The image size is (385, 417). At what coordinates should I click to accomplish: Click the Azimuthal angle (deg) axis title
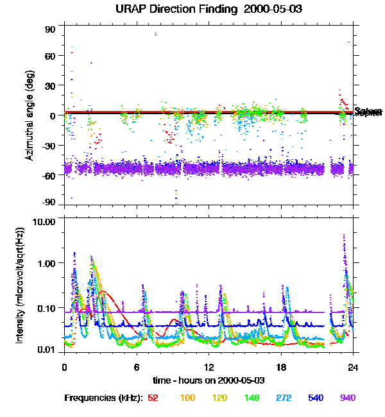[x=30, y=115]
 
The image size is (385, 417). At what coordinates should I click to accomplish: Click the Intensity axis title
[x=21, y=285]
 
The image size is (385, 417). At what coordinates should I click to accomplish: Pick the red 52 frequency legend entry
[x=153, y=398]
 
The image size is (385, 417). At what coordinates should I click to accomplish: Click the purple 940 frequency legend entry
[x=347, y=398]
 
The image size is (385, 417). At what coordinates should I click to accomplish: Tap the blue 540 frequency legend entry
[x=315, y=398]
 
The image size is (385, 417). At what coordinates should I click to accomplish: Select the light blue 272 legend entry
[x=283, y=398]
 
